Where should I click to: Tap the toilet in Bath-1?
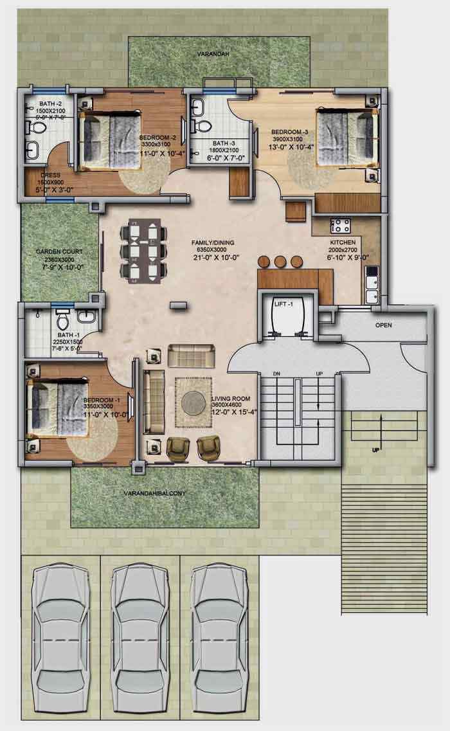pyautogui.click(x=63, y=319)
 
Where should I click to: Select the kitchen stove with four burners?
pyautogui.click(x=339, y=226)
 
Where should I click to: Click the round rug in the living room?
pyautogui.click(x=194, y=403)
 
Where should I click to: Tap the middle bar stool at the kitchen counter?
pyautogui.click(x=280, y=262)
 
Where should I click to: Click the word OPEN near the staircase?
pyautogui.click(x=383, y=325)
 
